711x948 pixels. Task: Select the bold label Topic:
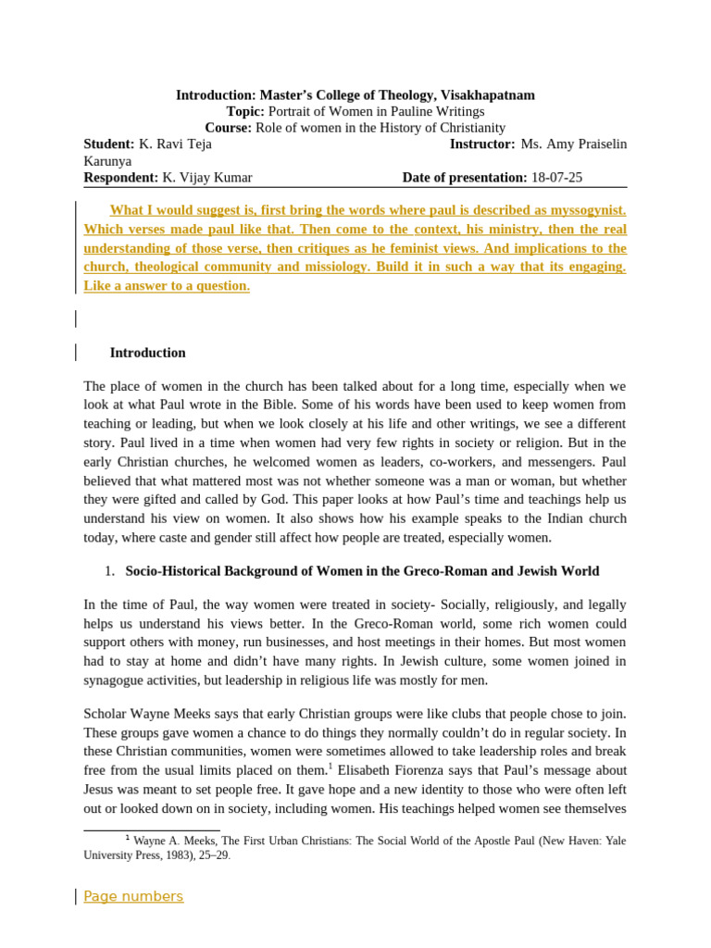point(245,112)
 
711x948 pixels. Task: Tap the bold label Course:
point(228,128)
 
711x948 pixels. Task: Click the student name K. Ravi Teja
point(175,144)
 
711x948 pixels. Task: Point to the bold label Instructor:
point(481,144)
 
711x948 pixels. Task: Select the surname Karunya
point(107,161)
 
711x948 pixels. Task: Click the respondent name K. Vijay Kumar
point(206,178)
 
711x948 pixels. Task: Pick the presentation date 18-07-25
point(556,178)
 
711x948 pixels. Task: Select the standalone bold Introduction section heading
point(147,353)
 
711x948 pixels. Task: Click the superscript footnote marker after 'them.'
point(329,766)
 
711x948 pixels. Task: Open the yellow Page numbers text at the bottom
point(133,896)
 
